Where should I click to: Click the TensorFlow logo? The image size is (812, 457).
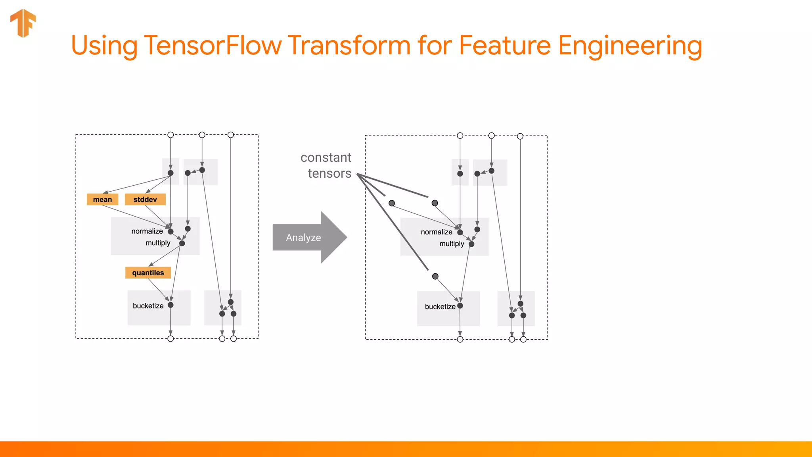(x=23, y=23)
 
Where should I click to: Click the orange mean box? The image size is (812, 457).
(x=102, y=200)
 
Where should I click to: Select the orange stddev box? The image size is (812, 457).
(x=145, y=200)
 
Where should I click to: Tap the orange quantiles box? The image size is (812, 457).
(x=148, y=273)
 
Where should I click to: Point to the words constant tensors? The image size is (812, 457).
(x=326, y=165)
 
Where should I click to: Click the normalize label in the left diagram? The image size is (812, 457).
(x=147, y=231)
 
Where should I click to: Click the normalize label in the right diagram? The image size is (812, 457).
(x=437, y=232)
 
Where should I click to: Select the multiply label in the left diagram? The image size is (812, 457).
(x=158, y=243)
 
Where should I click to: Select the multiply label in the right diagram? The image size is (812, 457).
(x=452, y=244)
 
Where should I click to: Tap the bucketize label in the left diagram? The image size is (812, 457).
(x=148, y=306)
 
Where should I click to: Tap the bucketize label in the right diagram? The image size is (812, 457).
(x=440, y=307)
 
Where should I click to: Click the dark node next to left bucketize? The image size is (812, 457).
(x=170, y=305)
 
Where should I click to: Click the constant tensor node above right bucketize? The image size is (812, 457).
(x=435, y=277)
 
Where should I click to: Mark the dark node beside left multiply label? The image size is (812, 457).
(x=182, y=243)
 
